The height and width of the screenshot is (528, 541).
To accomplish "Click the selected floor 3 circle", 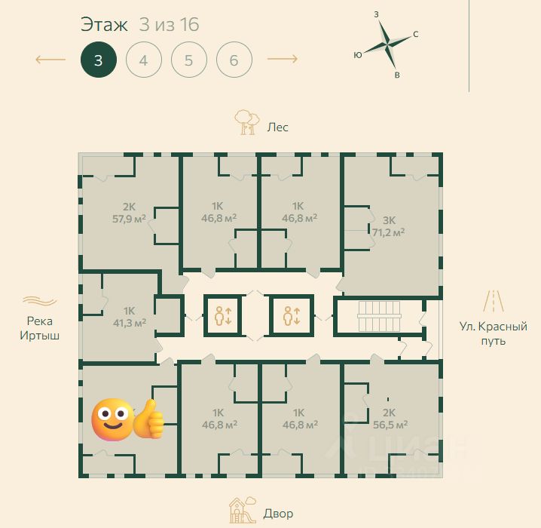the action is [99, 60].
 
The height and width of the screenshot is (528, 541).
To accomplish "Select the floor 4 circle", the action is [143, 60].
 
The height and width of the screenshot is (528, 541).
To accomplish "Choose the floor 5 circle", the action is [188, 60].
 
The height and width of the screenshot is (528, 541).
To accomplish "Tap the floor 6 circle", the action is [234, 60].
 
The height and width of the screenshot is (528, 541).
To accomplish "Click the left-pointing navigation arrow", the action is [50, 60].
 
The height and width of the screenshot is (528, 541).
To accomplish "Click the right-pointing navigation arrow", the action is [283, 59].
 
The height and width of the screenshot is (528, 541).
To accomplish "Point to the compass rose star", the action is [387, 44].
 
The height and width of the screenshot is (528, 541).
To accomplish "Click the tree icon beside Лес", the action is [247, 122].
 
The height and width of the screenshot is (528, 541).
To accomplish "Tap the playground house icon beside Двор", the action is [243, 510].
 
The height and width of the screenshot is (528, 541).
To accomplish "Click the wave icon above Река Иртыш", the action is [40, 301].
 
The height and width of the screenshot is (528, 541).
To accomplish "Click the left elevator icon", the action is [223, 315].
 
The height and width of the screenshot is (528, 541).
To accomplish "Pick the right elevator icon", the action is [292, 315].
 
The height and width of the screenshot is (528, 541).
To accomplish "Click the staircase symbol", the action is [380, 316].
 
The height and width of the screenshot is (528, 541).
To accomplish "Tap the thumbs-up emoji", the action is [148, 419].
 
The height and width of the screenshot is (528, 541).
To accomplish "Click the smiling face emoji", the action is [112, 419].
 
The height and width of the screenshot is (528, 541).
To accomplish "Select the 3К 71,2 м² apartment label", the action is [389, 226].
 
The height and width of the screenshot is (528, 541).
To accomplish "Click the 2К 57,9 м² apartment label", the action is [129, 213].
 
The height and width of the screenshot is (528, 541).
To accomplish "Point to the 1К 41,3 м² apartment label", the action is [130, 317].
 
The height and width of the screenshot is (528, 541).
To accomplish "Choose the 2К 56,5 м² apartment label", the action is [390, 419].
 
